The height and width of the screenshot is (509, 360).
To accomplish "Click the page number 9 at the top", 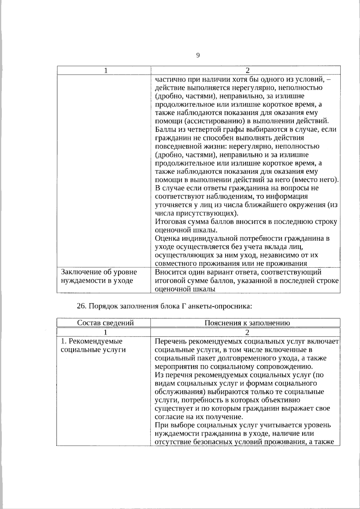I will (x=198, y=55).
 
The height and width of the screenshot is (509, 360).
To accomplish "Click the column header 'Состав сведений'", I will (x=105, y=323).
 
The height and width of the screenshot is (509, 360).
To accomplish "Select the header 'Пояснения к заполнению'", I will (x=247, y=323).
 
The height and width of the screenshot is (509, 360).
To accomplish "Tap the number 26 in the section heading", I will (x=81, y=306).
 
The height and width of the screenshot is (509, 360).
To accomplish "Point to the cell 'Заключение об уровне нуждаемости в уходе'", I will (x=99, y=277).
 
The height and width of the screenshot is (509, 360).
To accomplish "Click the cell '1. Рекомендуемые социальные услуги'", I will (x=93, y=346).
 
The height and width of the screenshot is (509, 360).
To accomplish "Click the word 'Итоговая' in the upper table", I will (x=169, y=222).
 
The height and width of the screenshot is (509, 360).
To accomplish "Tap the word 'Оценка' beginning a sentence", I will (x=167, y=239).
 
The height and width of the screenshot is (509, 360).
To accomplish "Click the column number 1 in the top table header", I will (x=106, y=71).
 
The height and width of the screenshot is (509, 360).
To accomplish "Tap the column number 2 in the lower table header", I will (x=247, y=332).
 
